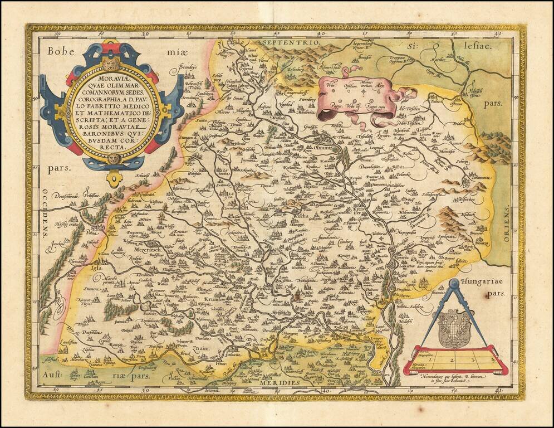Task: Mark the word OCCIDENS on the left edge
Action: tap(43, 213)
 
